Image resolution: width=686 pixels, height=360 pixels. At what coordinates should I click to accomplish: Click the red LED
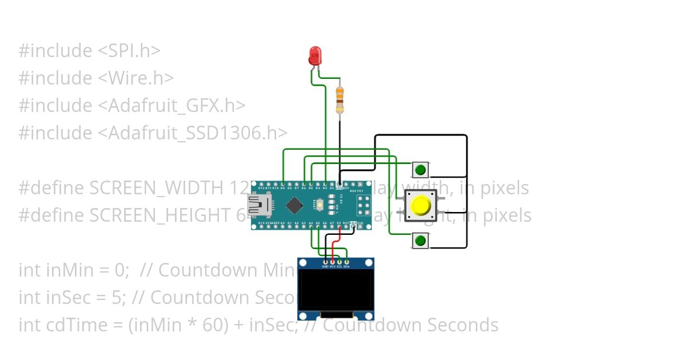[x=315, y=56]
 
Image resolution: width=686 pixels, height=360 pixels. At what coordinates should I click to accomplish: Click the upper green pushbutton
[x=420, y=170]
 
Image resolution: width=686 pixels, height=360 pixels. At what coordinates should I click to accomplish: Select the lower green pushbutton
[x=420, y=241]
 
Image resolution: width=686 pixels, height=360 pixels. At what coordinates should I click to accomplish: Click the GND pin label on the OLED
[x=325, y=267]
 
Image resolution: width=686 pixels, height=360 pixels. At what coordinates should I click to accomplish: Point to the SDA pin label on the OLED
[x=346, y=267]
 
